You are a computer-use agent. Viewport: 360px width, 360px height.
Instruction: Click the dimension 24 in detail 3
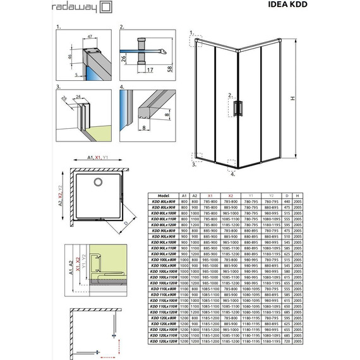[77, 98]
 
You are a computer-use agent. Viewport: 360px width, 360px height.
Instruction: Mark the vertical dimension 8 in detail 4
[164, 116]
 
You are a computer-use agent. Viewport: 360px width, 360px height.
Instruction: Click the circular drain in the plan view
[98, 183]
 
